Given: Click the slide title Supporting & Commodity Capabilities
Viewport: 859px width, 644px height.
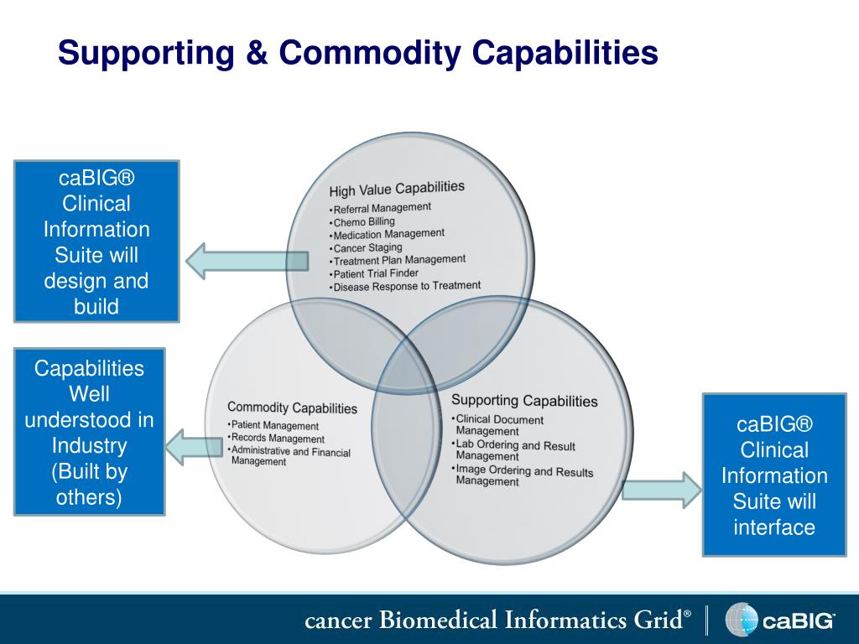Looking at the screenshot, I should [x=357, y=54].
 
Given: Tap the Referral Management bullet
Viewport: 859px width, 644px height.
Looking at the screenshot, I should [x=382, y=208].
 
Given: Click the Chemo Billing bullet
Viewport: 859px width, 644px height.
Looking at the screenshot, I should [x=364, y=222].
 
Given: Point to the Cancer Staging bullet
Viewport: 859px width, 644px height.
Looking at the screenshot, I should [x=368, y=248].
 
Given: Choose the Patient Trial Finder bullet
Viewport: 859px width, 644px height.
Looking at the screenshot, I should [x=376, y=274].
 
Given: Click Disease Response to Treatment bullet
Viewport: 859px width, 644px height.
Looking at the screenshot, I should [x=407, y=287].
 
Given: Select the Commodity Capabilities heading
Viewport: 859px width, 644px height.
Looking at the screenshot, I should [x=292, y=408].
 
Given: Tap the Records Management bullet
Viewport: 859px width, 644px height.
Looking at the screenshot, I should [x=277, y=438].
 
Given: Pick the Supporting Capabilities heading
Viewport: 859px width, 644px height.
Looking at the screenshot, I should [x=524, y=401].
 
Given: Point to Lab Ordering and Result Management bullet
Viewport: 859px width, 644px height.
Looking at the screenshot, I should [x=514, y=450].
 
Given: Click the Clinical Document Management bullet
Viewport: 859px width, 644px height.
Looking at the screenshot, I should [x=498, y=425].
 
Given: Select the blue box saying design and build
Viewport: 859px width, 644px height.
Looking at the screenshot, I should [x=96, y=241].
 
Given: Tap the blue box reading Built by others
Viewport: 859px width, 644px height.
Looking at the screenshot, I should [x=89, y=432].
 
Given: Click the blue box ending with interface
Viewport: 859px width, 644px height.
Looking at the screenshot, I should [x=773, y=475].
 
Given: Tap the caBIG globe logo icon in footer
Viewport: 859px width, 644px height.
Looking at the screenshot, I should [x=741, y=621].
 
